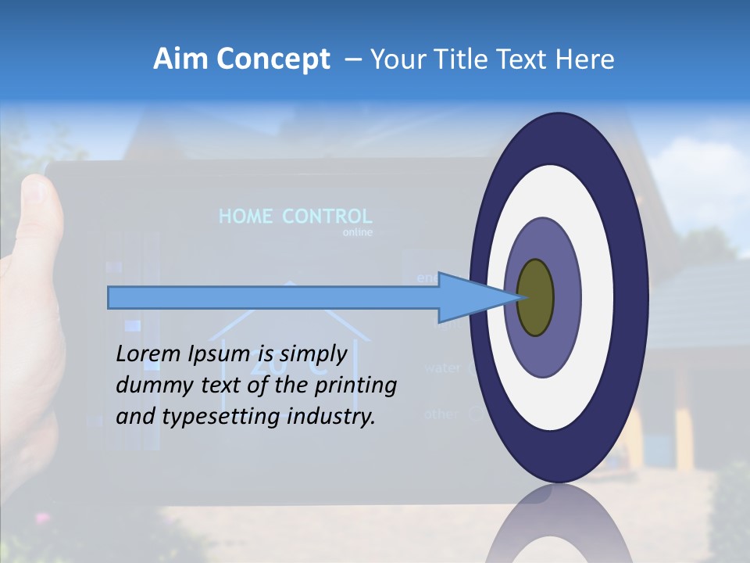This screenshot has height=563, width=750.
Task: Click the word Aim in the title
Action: [179, 59]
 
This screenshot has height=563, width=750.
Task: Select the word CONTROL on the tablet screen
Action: [327, 217]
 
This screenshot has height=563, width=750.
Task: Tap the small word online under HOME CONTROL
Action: [358, 233]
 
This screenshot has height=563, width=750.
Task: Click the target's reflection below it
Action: [559, 524]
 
